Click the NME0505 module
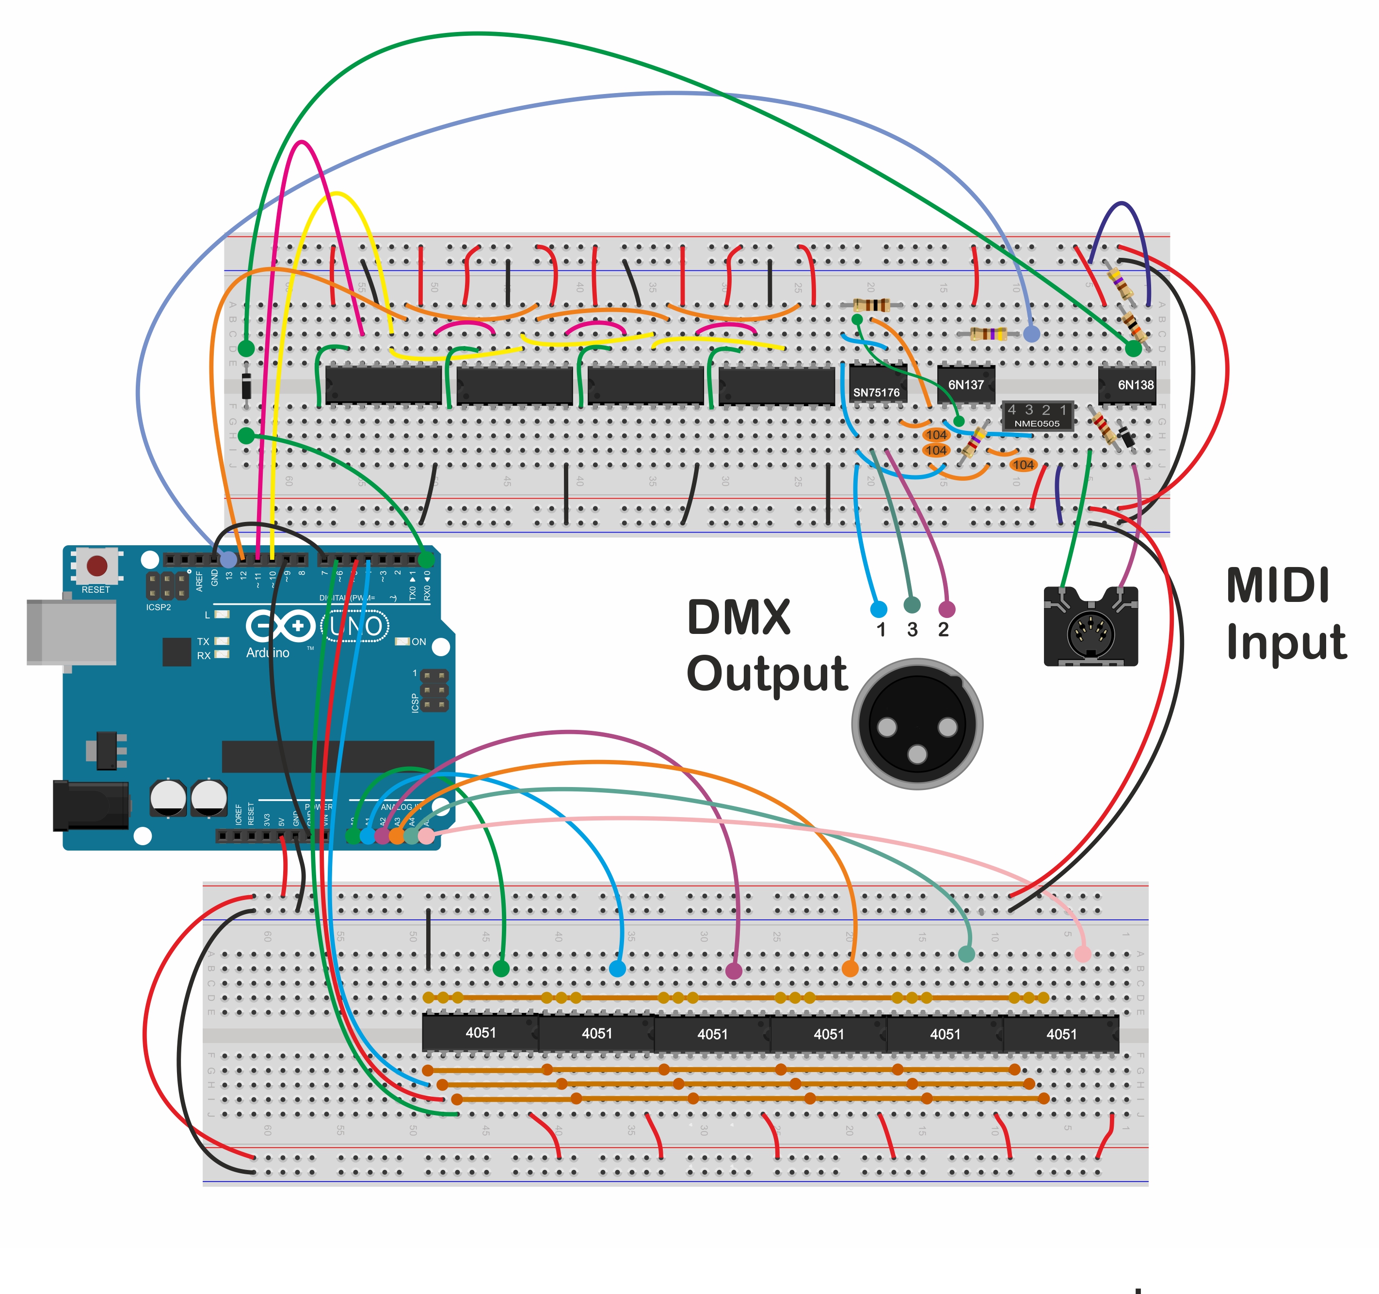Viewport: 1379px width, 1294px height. point(1037,416)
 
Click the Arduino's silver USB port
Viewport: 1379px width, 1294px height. point(71,632)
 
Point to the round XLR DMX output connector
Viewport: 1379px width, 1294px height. point(917,724)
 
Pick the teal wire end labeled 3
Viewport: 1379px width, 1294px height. point(912,605)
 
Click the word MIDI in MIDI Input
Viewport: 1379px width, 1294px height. point(1277,586)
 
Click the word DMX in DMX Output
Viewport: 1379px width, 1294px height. point(739,617)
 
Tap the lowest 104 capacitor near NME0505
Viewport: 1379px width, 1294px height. point(1023,465)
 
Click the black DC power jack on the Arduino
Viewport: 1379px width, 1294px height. point(90,805)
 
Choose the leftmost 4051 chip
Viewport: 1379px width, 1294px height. point(480,1033)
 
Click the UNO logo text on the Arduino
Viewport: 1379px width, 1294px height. point(355,626)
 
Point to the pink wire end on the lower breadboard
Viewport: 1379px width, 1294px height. point(1082,954)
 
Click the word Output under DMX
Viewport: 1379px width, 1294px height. point(767,674)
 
